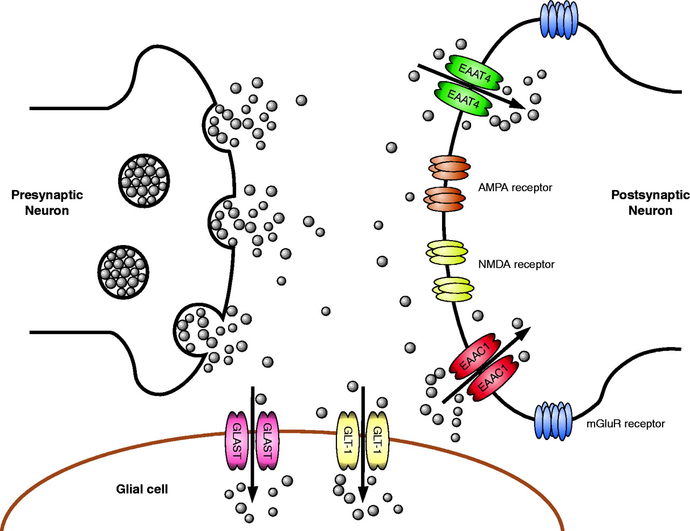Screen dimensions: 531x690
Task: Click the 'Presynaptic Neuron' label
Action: coord(47,202)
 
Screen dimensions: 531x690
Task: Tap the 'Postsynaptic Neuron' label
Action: coord(650,202)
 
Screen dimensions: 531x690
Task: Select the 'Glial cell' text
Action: coord(142,489)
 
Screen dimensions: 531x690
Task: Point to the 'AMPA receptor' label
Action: coord(515,188)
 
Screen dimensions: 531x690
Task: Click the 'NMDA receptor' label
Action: coord(516,264)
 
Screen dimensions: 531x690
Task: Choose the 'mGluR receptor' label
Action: coord(625,424)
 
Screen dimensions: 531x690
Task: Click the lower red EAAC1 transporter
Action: coord(493,378)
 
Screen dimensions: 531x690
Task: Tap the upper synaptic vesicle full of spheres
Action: coord(144,180)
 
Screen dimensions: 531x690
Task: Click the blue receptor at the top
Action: coord(558,19)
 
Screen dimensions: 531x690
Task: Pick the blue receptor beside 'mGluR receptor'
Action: coord(553,420)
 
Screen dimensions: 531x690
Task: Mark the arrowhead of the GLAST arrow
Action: coord(252,494)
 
